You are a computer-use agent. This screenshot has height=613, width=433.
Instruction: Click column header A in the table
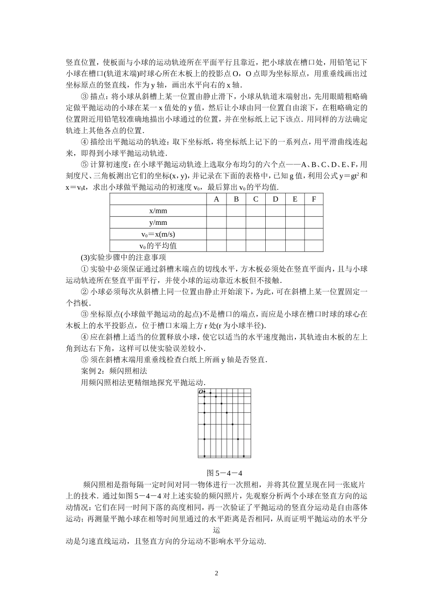(216, 199)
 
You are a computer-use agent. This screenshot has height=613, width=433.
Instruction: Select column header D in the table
(275, 199)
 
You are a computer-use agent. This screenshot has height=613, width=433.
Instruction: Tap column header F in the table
(314, 199)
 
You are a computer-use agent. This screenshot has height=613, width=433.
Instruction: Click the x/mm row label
(158, 211)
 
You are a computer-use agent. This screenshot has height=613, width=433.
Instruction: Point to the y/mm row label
(158, 223)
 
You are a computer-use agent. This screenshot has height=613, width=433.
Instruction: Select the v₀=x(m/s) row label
(158, 234)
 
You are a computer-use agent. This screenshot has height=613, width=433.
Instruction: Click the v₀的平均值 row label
(158, 245)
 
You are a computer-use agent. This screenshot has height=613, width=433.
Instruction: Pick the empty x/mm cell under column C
(256, 211)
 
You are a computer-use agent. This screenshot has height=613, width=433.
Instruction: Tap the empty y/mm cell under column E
(295, 223)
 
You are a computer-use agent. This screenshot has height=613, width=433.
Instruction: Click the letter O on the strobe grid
(201, 392)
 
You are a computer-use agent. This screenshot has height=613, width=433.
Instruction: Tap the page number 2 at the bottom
(216, 573)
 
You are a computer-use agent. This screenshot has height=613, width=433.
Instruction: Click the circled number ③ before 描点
(84, 97)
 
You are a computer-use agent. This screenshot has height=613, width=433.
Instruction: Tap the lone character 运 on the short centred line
(216, 530)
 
